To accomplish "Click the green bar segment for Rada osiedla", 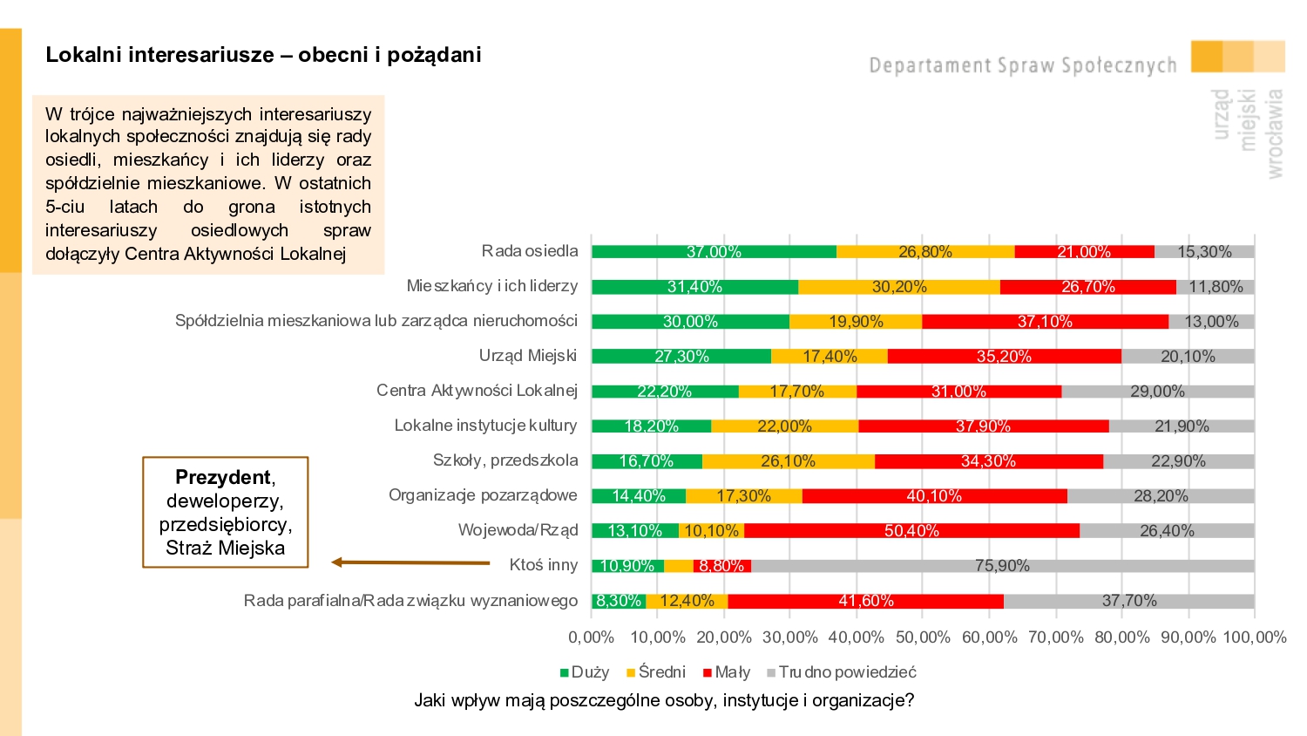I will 714,252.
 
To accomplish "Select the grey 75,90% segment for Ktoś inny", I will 1002,566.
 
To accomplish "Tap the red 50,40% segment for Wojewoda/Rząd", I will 911,531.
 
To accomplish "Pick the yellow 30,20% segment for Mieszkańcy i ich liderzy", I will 899,287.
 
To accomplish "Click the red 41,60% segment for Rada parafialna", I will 865,601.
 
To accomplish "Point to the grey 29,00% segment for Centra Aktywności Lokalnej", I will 1157,392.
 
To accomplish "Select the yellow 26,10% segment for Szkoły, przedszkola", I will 788,461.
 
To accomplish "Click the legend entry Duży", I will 585,672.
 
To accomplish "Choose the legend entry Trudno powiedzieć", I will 842,672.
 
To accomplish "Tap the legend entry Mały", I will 727,672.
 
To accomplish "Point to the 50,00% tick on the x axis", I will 923,637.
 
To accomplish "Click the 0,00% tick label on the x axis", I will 591,637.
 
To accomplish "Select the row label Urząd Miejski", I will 528,356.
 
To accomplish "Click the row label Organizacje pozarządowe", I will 483,495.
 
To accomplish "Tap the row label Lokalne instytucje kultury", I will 485,426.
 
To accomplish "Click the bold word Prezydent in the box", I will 223,477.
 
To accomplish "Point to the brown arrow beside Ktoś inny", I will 410,562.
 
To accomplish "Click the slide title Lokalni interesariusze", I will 263,55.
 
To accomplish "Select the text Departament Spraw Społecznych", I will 1022,65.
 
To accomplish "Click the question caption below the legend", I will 664,700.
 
